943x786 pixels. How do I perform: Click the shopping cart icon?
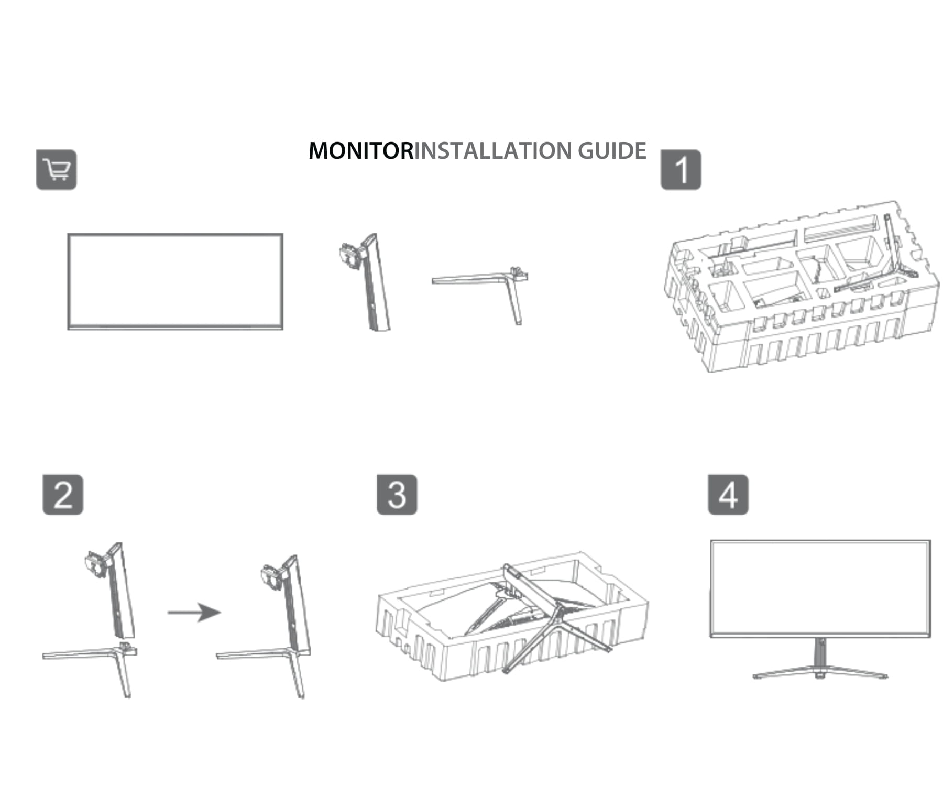(x=56, y=170)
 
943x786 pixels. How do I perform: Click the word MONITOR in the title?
(x=361, y=151)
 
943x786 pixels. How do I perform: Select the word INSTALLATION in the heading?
(x=495, y=151)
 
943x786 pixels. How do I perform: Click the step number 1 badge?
(x=681, y=170)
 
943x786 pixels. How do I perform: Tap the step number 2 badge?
(x=63, y=495)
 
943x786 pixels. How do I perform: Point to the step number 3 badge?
(x=397, y=495)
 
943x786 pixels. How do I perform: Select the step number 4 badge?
(x=728, y=495)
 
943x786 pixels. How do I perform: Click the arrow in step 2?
(x=194, y=612)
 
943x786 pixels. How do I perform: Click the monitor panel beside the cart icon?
(x=176, y=281)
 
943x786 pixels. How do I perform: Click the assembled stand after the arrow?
(x=283, y=629)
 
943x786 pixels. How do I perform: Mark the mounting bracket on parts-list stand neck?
(x=349, y=255)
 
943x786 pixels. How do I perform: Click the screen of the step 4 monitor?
(x=820, y=587)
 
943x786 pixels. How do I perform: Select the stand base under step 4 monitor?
(x=820, y=672)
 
